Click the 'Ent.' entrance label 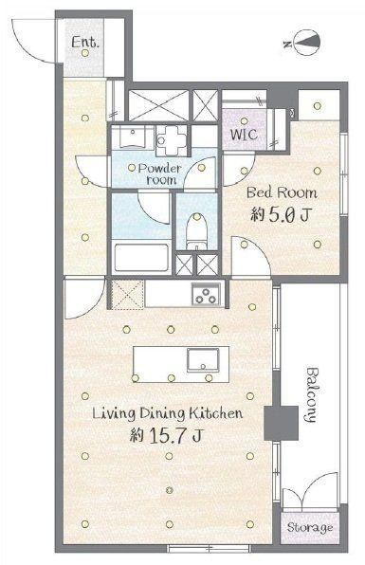pos(85,42)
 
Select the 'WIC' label pos(244,135)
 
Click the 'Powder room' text pos(159,174)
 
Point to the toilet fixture pos(196,230)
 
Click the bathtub pos(141,257)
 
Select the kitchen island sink pos(203,360)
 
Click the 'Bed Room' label pos(282,192)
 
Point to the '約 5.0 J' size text pos(281,215)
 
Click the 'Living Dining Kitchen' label pos(168,413)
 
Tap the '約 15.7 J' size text pos(167,435)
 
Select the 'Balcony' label pos(312,394)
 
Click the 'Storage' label pos(310,528)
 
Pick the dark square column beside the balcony pos(281,423)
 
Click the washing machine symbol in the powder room pos(172,140)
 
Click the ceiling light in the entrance pos(85,53)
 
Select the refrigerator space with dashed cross pos(127,294)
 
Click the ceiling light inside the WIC pos(245,121)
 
